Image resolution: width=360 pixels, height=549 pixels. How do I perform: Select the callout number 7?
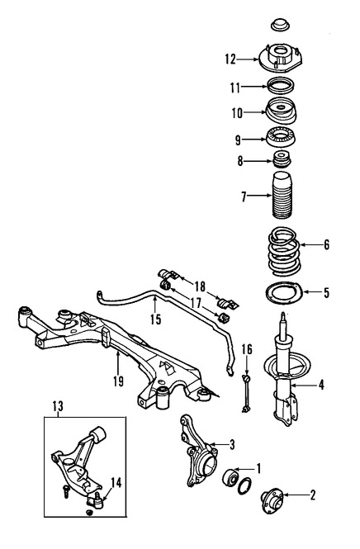click(244, 196)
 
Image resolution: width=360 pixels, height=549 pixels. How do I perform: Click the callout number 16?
click(246, 351)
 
